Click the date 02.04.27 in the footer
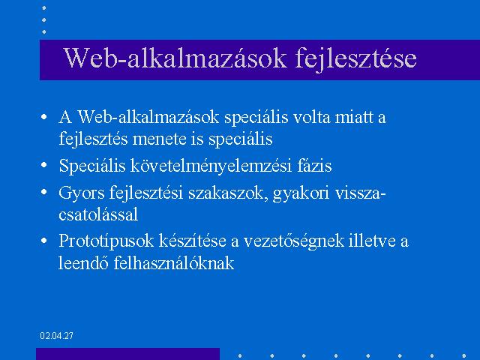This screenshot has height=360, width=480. [57, 336]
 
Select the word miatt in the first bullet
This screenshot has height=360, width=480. [354, 117]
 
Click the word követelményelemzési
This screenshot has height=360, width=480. [211, 166]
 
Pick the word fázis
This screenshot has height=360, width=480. [314, 166]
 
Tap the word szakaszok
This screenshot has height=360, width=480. [226, 193]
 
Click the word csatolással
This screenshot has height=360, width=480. [98, 214]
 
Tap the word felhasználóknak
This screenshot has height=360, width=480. [174, 263]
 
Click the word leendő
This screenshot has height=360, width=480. [83, 263]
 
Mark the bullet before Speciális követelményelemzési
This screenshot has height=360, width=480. [44, 165]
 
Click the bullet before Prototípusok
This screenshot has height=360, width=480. [44, 241]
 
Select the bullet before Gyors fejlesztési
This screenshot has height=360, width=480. [44, 193]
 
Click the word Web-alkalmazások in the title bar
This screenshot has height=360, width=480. [175, 58]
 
